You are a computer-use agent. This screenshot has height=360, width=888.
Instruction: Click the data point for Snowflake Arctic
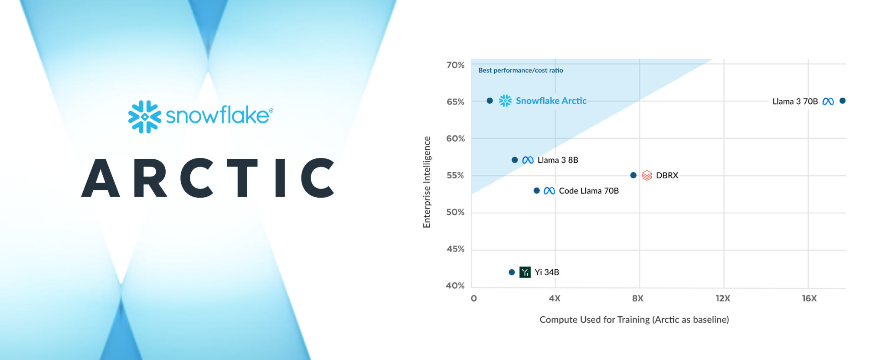(490, 101)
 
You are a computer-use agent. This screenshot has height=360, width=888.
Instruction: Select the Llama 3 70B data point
(842, 101)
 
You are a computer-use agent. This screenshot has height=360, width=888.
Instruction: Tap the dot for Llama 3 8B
(515, 160)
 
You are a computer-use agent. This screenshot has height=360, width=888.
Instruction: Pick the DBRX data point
(633, 175)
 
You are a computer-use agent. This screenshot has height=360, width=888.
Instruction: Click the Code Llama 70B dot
(536, 190)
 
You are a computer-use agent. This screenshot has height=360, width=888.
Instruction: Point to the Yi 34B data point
(512, 272)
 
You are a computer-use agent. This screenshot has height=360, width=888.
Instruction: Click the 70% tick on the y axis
(455, 65)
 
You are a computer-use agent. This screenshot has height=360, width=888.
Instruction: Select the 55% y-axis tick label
(455, 175)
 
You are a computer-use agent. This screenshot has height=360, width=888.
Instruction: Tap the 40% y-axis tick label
(455, 285)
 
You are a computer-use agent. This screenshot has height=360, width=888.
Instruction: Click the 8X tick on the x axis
(638, 298)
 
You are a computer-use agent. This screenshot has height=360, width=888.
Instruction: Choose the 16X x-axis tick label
(809, 298)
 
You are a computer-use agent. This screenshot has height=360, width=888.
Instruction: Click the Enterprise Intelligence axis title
(427, 182)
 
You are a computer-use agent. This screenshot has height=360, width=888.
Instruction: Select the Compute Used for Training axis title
(634, 320)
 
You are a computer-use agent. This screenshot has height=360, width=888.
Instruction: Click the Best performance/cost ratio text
(520, 70)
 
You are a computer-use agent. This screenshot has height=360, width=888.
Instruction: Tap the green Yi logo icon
(525, 272)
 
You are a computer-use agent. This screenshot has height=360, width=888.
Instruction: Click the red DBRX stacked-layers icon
(647, 175)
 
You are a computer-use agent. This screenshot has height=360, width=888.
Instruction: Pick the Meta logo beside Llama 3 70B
(828, 101)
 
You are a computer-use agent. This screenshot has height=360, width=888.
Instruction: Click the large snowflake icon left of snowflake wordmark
(144, 117)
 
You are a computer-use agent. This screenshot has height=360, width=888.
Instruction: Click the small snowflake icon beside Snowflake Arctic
(505, 101)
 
